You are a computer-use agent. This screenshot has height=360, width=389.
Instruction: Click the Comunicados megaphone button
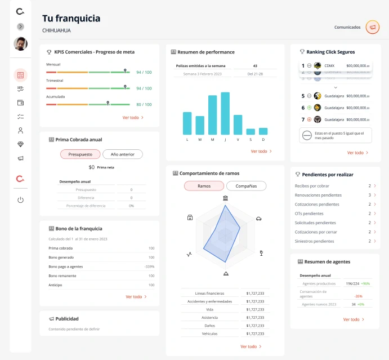[x=372, y=27]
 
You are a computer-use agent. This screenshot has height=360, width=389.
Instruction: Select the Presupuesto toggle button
[x=80, y=154]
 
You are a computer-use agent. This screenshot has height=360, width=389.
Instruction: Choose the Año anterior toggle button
[x=122, y=154]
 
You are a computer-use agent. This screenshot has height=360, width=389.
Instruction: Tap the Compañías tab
[x=246, y=186]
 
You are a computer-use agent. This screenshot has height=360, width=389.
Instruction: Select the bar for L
[x=187, y=123]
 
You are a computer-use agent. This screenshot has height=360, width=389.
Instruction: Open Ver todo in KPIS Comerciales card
[x=133, y=118]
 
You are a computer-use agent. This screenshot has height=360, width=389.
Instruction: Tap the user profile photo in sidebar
[x=20, y=44]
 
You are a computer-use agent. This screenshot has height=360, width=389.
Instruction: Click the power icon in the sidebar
[x=20, y=199]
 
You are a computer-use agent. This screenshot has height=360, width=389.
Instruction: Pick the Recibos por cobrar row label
[x=312, y=186]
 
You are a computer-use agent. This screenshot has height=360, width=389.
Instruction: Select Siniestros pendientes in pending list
[x=314, y=241]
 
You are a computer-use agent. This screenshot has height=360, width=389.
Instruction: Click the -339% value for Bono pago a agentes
[x=149, y=266]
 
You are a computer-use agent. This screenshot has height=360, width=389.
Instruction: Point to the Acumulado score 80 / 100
[x=144, y=104]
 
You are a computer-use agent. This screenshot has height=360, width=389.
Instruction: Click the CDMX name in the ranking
[x=330, y=66]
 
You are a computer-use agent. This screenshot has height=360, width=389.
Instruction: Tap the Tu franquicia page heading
[x=71, y=19]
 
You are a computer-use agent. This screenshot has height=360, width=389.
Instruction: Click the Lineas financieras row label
[x=209, y=294]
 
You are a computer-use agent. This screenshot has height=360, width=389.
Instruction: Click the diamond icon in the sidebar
[x=20, y=144]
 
